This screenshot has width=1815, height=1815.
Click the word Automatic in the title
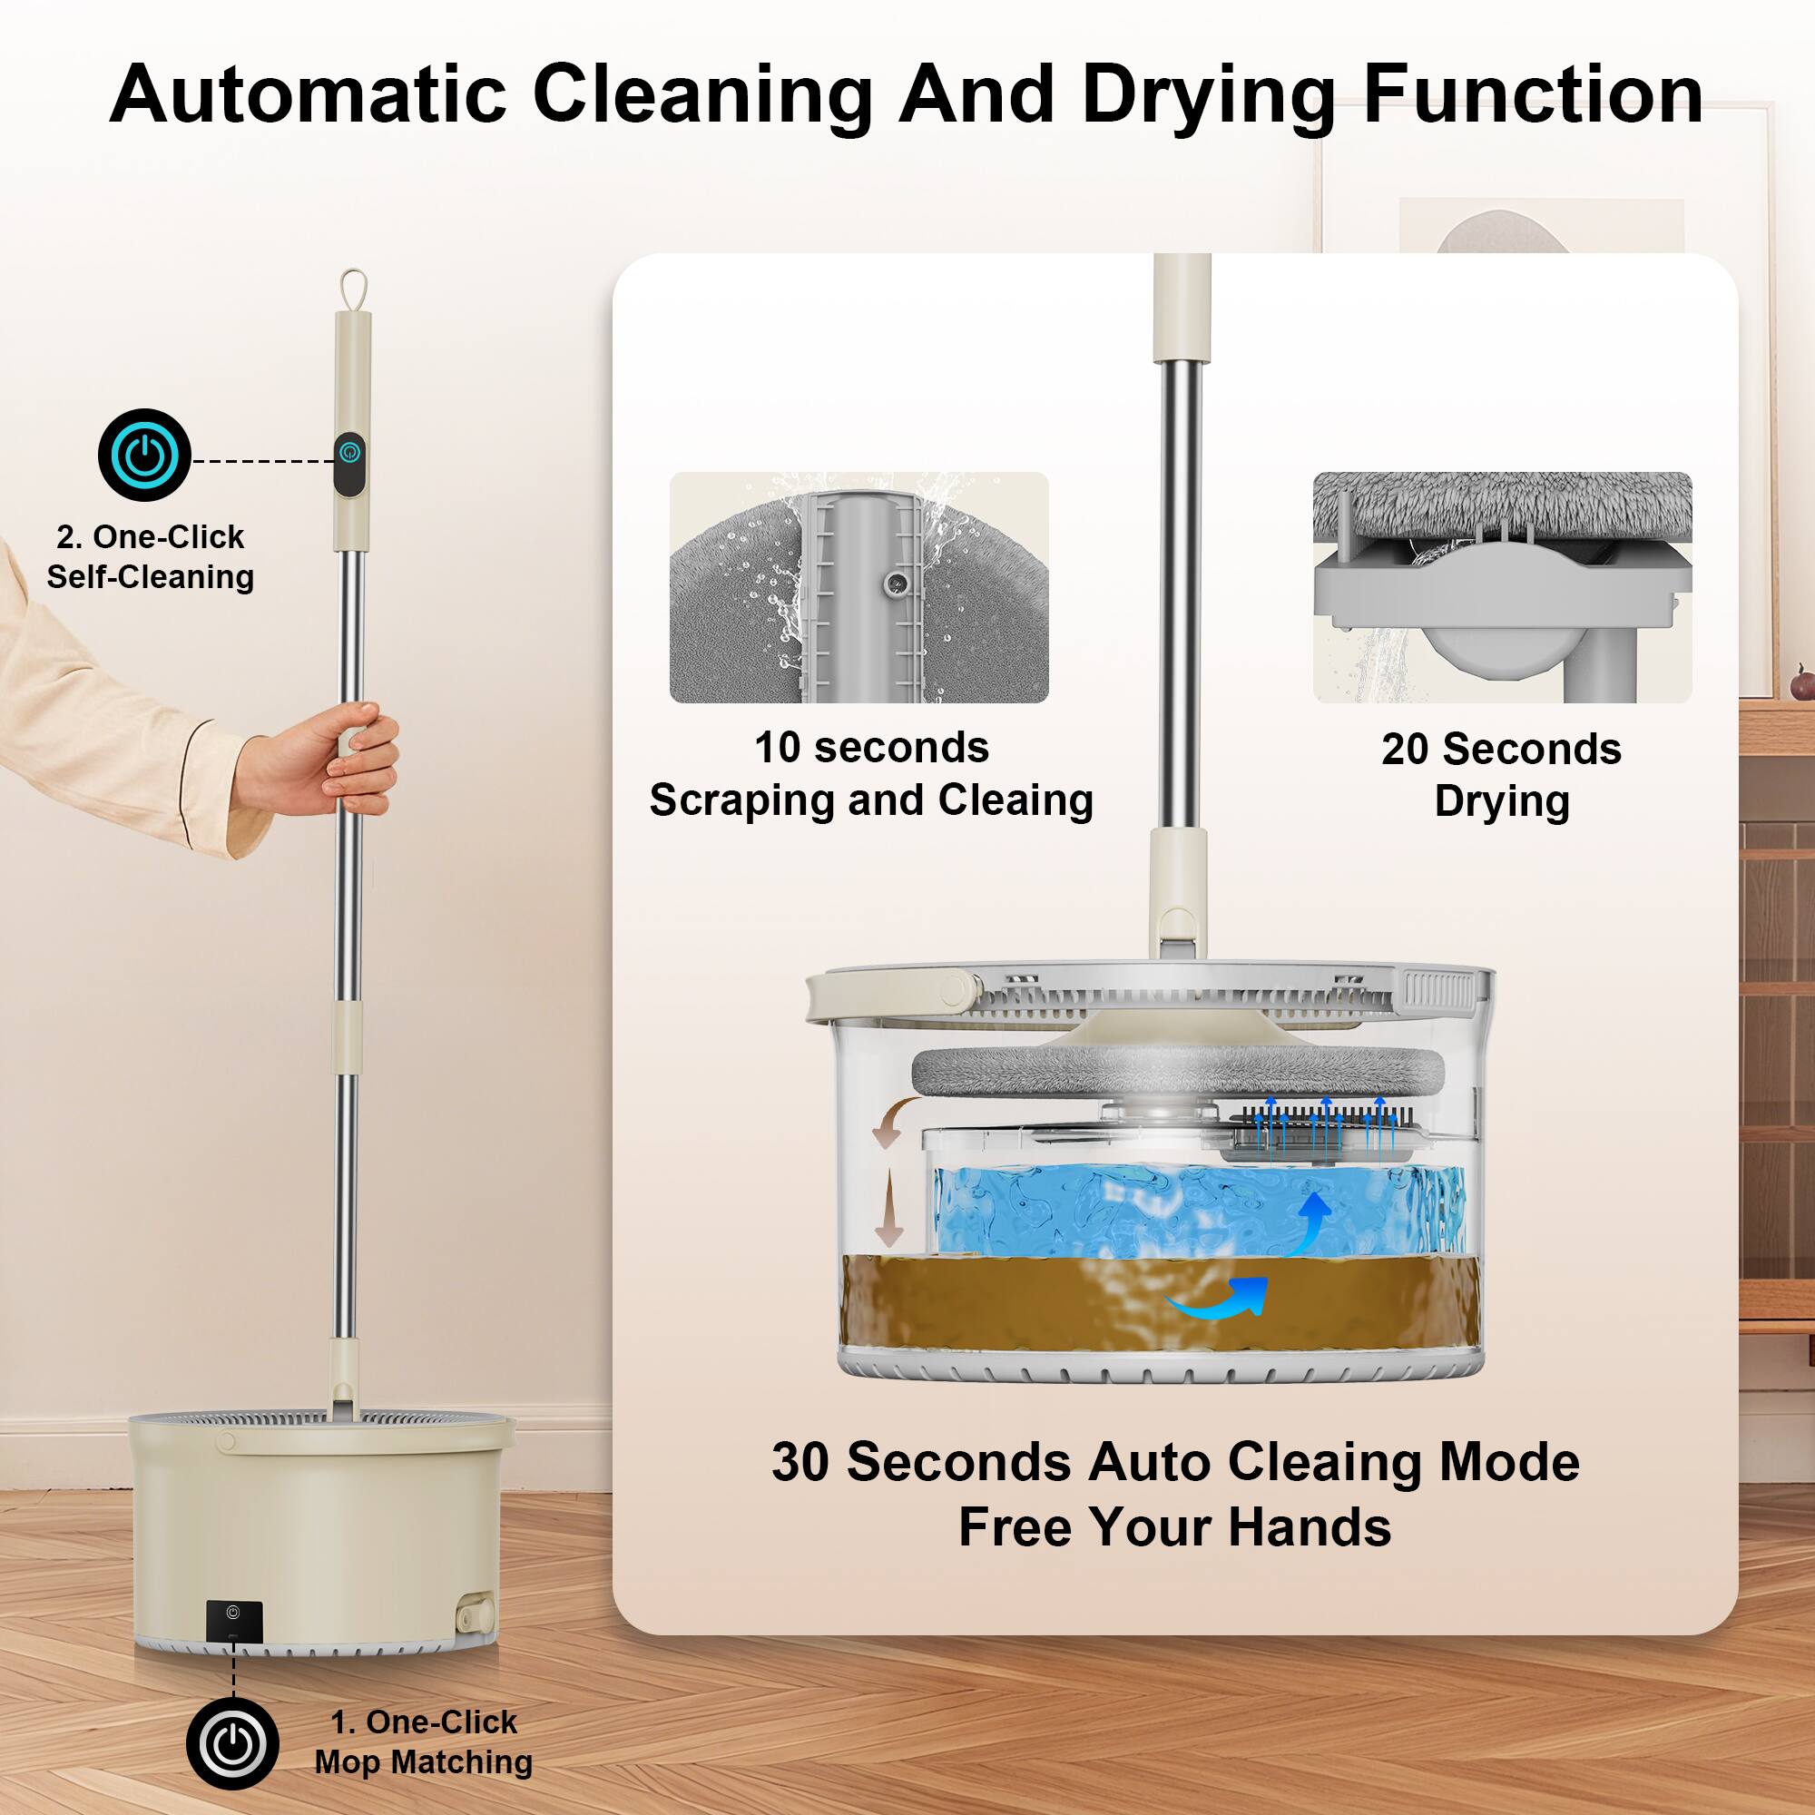(308, 95)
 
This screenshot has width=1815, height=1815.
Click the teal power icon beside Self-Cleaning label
(144, 455)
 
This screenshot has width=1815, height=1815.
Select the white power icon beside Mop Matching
(232, 1744)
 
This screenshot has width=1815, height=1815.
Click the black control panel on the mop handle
(349, 464)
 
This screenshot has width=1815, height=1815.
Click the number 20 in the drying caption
(1405, 750)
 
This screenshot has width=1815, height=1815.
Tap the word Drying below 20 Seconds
(1501, 801)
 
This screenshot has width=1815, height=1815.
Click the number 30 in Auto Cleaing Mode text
(802, 1463)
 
